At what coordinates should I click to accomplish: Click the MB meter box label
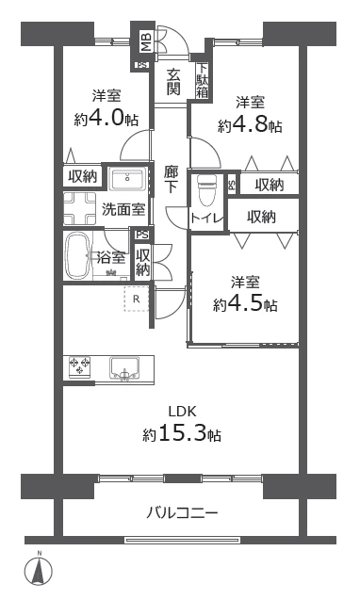pos(146,42)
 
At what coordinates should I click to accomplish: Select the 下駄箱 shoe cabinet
pos(203,81)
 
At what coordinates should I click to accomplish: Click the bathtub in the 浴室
pos(79,256)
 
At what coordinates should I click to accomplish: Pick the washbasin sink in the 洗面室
pos(127,179)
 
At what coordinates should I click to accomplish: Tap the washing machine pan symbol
pos(80,208)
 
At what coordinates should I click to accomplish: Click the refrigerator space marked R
pos(136,299)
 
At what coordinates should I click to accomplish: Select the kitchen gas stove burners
pos(80,366)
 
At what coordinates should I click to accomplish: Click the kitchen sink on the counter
pos(124,368)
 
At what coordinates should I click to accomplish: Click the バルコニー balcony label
pos(182,512)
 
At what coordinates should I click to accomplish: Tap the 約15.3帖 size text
pos(182,433)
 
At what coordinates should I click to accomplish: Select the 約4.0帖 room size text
pos(106,119)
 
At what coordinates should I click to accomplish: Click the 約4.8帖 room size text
pos(250,124)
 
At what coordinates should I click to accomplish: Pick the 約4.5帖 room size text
pos(245,304)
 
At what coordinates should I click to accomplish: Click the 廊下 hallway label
pos(171,180)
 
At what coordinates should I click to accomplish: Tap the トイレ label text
pos(206,219)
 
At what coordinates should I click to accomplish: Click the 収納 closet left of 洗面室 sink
pos(83,176)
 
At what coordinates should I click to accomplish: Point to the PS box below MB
pos(141,65)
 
